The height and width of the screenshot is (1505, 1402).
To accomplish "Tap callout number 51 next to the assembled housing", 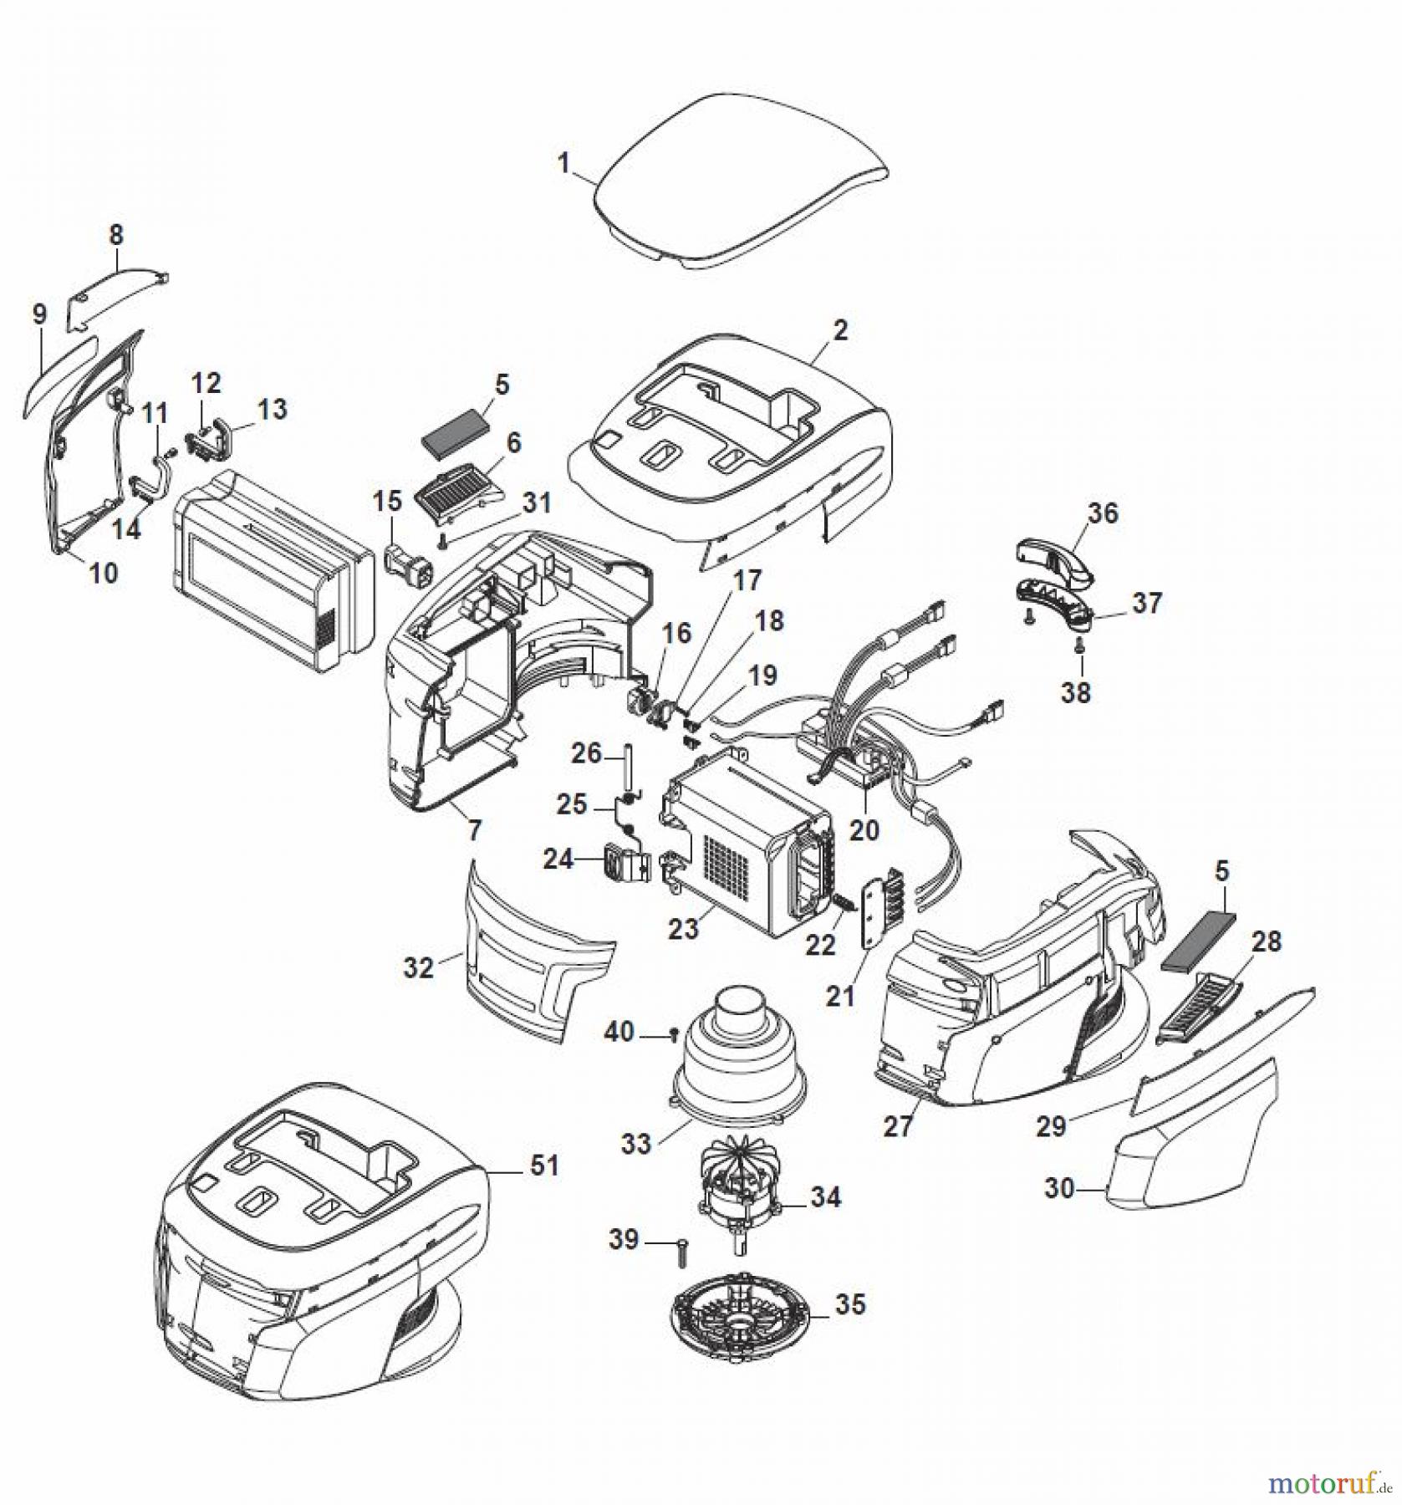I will pos(544,1165).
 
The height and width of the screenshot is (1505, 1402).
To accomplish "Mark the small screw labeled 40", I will pos(674,1037).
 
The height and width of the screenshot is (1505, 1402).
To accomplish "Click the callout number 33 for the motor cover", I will pos(635,1144).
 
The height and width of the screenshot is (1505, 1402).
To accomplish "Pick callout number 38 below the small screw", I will pos(1076,692).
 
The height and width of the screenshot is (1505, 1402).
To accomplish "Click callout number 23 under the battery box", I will pos(683,928).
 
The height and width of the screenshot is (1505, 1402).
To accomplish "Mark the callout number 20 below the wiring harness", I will pos(864,829).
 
